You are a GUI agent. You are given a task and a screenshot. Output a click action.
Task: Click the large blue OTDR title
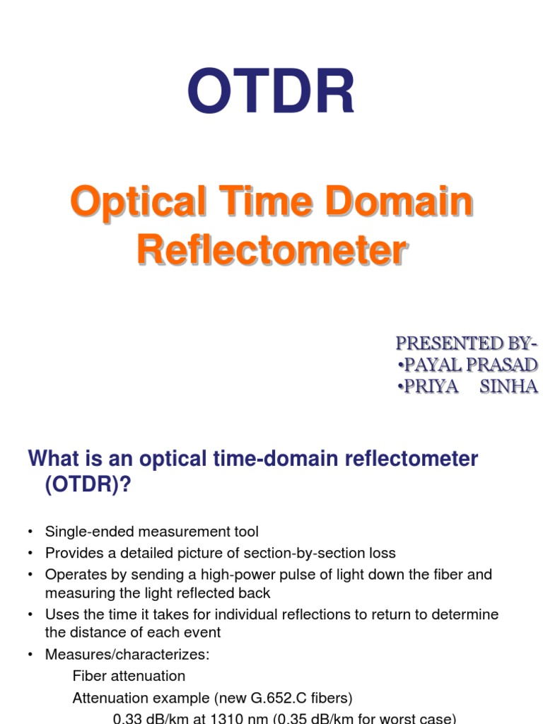point(271,93)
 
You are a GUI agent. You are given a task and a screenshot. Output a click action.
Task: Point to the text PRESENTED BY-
point(466,344)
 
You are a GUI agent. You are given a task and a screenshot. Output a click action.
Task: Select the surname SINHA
point(509,387)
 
